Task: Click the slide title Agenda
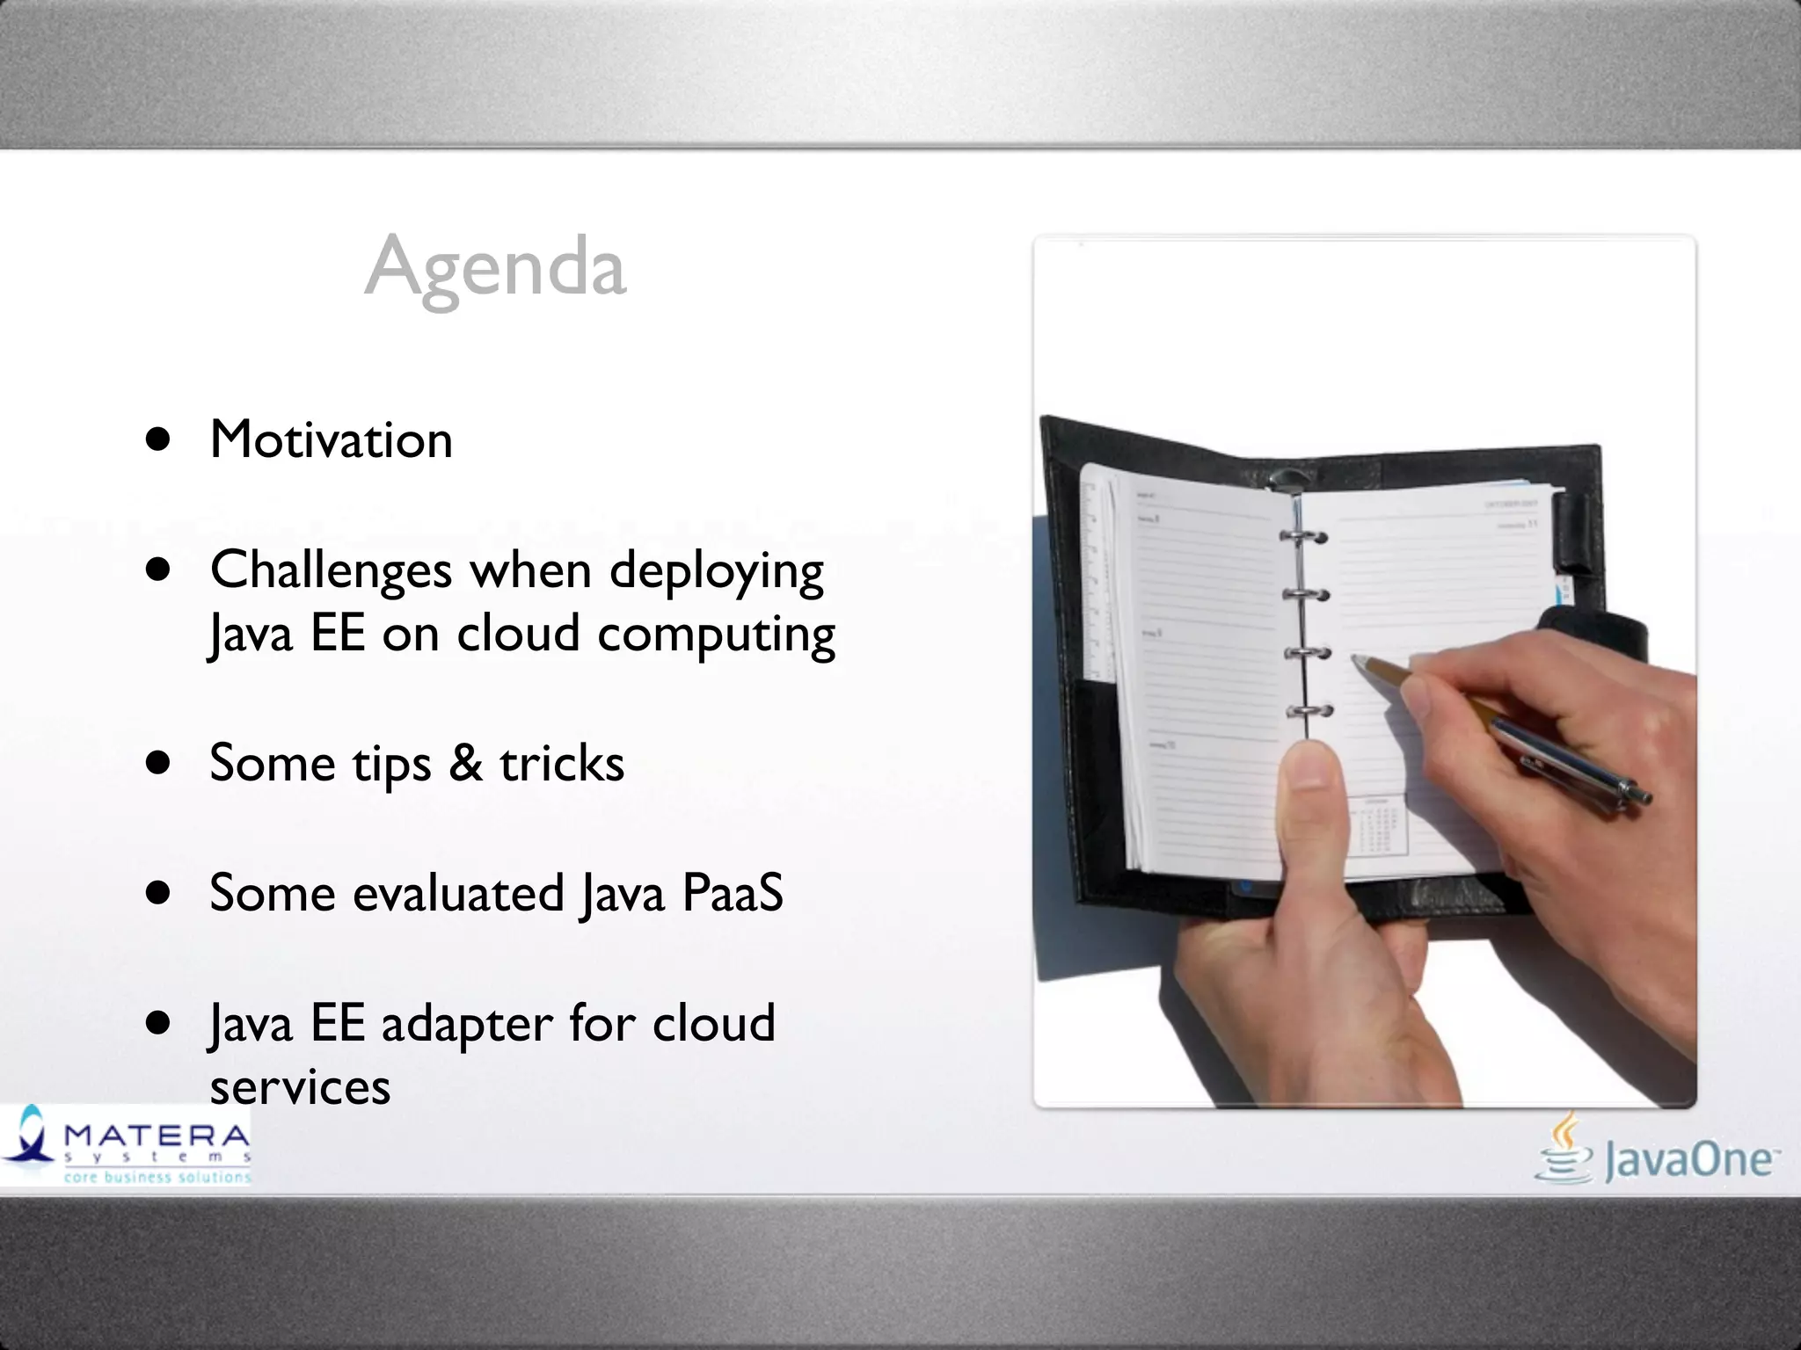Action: (x=495, y=266)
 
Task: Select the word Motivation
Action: (x=332, y=439)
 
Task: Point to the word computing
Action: (x=717, y=635)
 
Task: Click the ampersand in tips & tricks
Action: (x=465, y=762)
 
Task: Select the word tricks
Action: (x=562, y=763)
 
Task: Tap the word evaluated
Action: (x=458, y=893)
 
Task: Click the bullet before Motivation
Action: (x=158, y=439)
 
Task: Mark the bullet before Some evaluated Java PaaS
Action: (x=158, y=894)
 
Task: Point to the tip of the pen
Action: (x=1355, y=658)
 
